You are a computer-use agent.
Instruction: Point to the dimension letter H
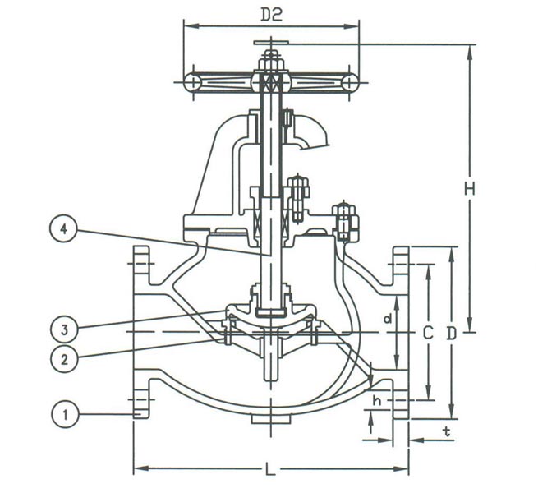tap(469, 189)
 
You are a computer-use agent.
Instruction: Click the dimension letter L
tap(270, 471)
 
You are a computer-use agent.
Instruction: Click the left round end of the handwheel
tap(191, 81)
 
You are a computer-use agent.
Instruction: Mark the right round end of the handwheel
tap(350, 81)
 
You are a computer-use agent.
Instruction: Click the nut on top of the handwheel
tap(270, 60)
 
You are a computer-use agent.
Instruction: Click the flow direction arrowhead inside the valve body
tap(370, 380)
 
